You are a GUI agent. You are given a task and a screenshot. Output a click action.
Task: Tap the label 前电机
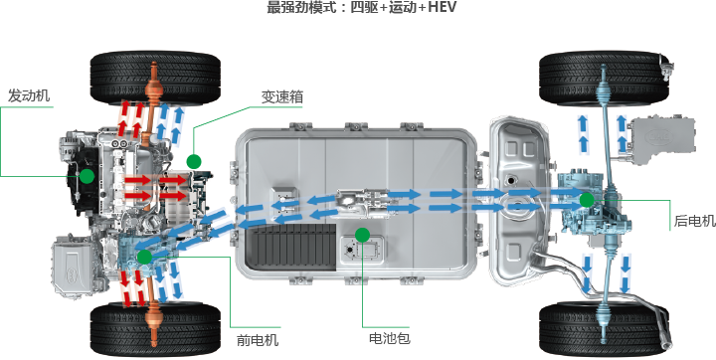[x=258, y=339]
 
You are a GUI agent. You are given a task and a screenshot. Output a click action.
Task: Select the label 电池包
[x=389, y=338]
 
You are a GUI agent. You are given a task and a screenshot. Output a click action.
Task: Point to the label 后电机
[x=694, y=221]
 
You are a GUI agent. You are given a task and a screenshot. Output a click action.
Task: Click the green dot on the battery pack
[x=362, y=236]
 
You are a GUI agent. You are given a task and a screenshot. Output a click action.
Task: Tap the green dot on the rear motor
[x=587, y=200]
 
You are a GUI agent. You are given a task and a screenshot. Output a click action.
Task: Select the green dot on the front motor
[x=145, y=257]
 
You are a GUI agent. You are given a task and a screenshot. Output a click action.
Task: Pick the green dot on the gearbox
[x=194, y=160]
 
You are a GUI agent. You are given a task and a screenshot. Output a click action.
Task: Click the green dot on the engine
[x=88, y=177]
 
